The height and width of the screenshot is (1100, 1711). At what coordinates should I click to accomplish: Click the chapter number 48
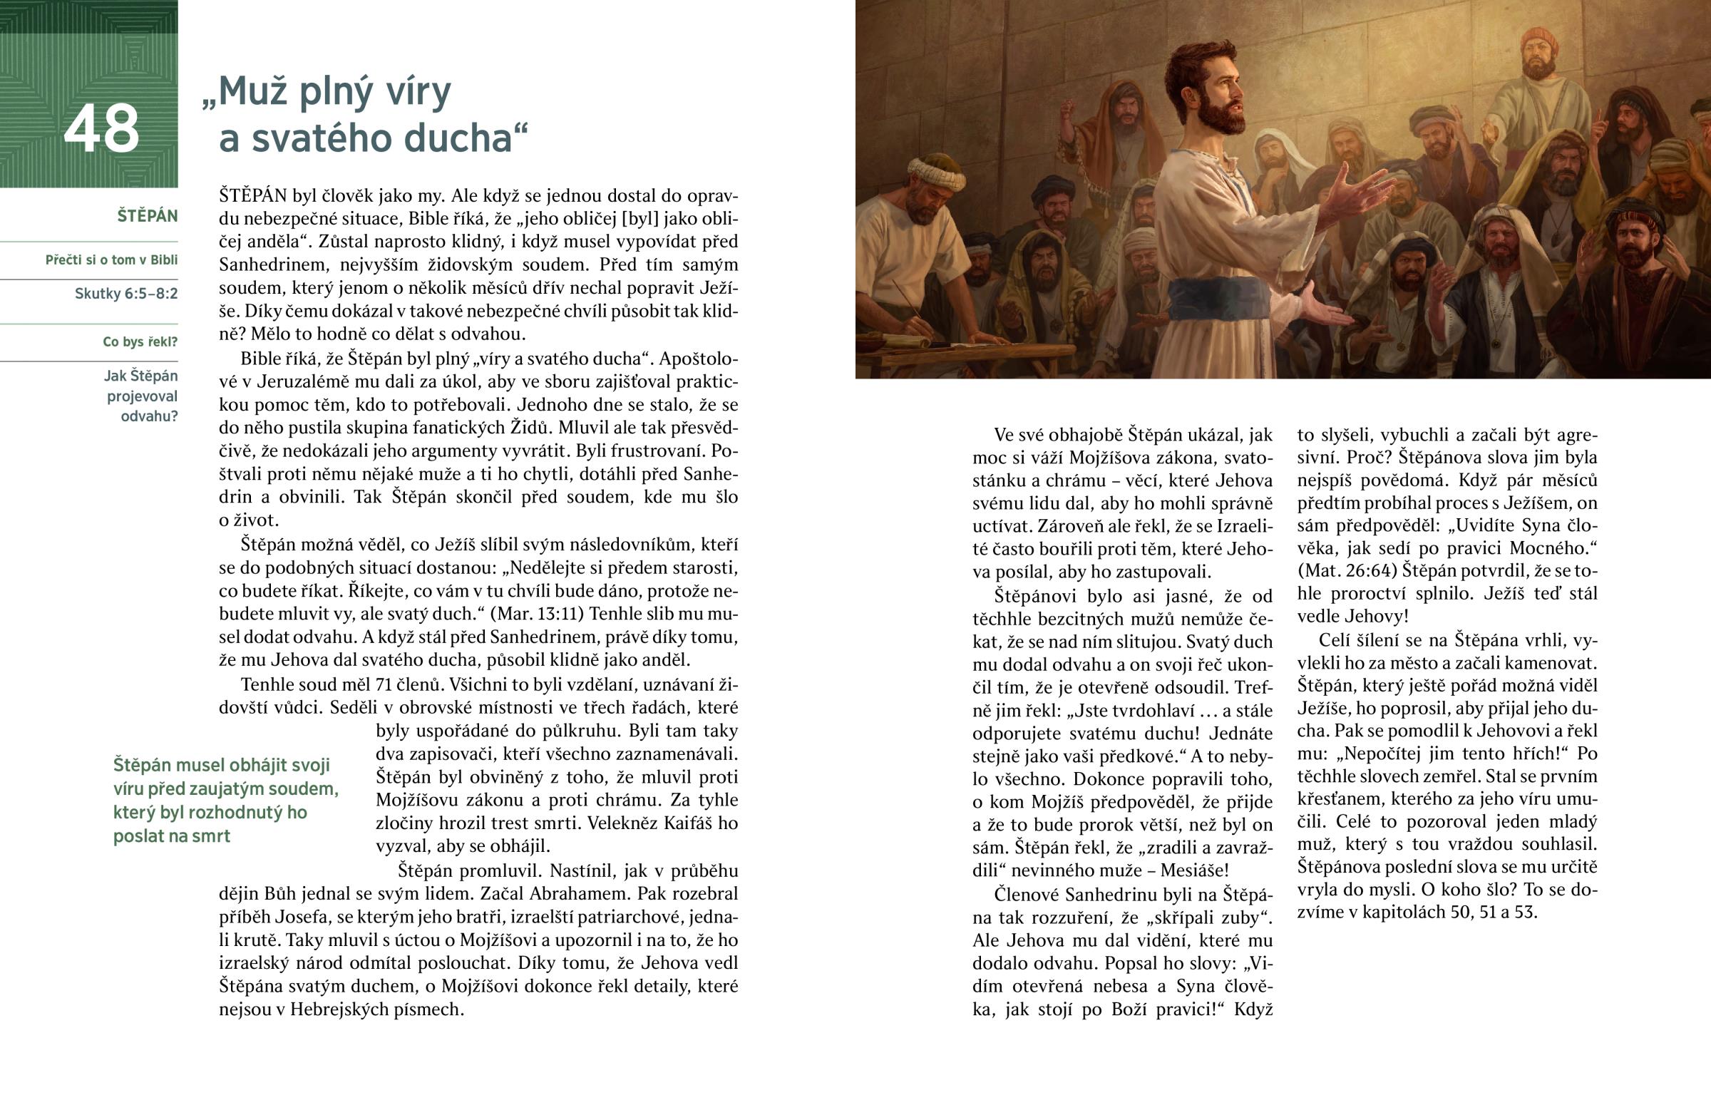click(x=101, y=128)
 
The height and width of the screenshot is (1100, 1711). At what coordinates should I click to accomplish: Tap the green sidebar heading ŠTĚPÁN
click(x=147, y=217)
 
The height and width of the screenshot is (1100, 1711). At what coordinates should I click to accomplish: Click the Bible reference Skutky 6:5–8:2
click(x=125, y=294)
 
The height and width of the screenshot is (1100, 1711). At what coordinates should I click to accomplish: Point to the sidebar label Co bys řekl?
click(x=140, y=342)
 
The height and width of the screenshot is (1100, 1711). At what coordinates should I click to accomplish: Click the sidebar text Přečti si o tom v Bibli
click(x=111, y=260)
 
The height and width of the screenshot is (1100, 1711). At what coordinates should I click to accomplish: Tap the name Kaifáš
click(x=689, y=823)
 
